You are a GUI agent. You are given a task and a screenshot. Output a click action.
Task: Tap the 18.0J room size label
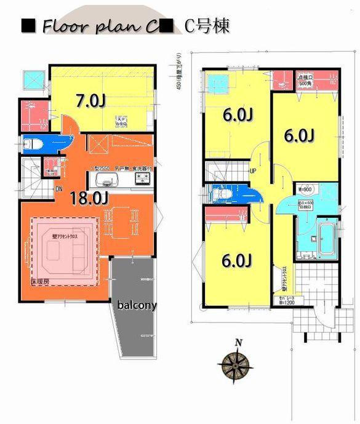pyautogui.click(x=90, y=198)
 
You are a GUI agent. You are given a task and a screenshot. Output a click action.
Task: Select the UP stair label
pyautogui.click(x=252, y=170)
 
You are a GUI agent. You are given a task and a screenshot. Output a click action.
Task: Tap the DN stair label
pyautogui.click(x=59, y=189)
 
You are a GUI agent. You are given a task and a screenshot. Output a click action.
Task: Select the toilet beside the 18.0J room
pyautogui.click(x=34, y=144)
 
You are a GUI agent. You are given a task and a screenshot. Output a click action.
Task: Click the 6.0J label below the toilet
pyautogui.click(x=237, y=261)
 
